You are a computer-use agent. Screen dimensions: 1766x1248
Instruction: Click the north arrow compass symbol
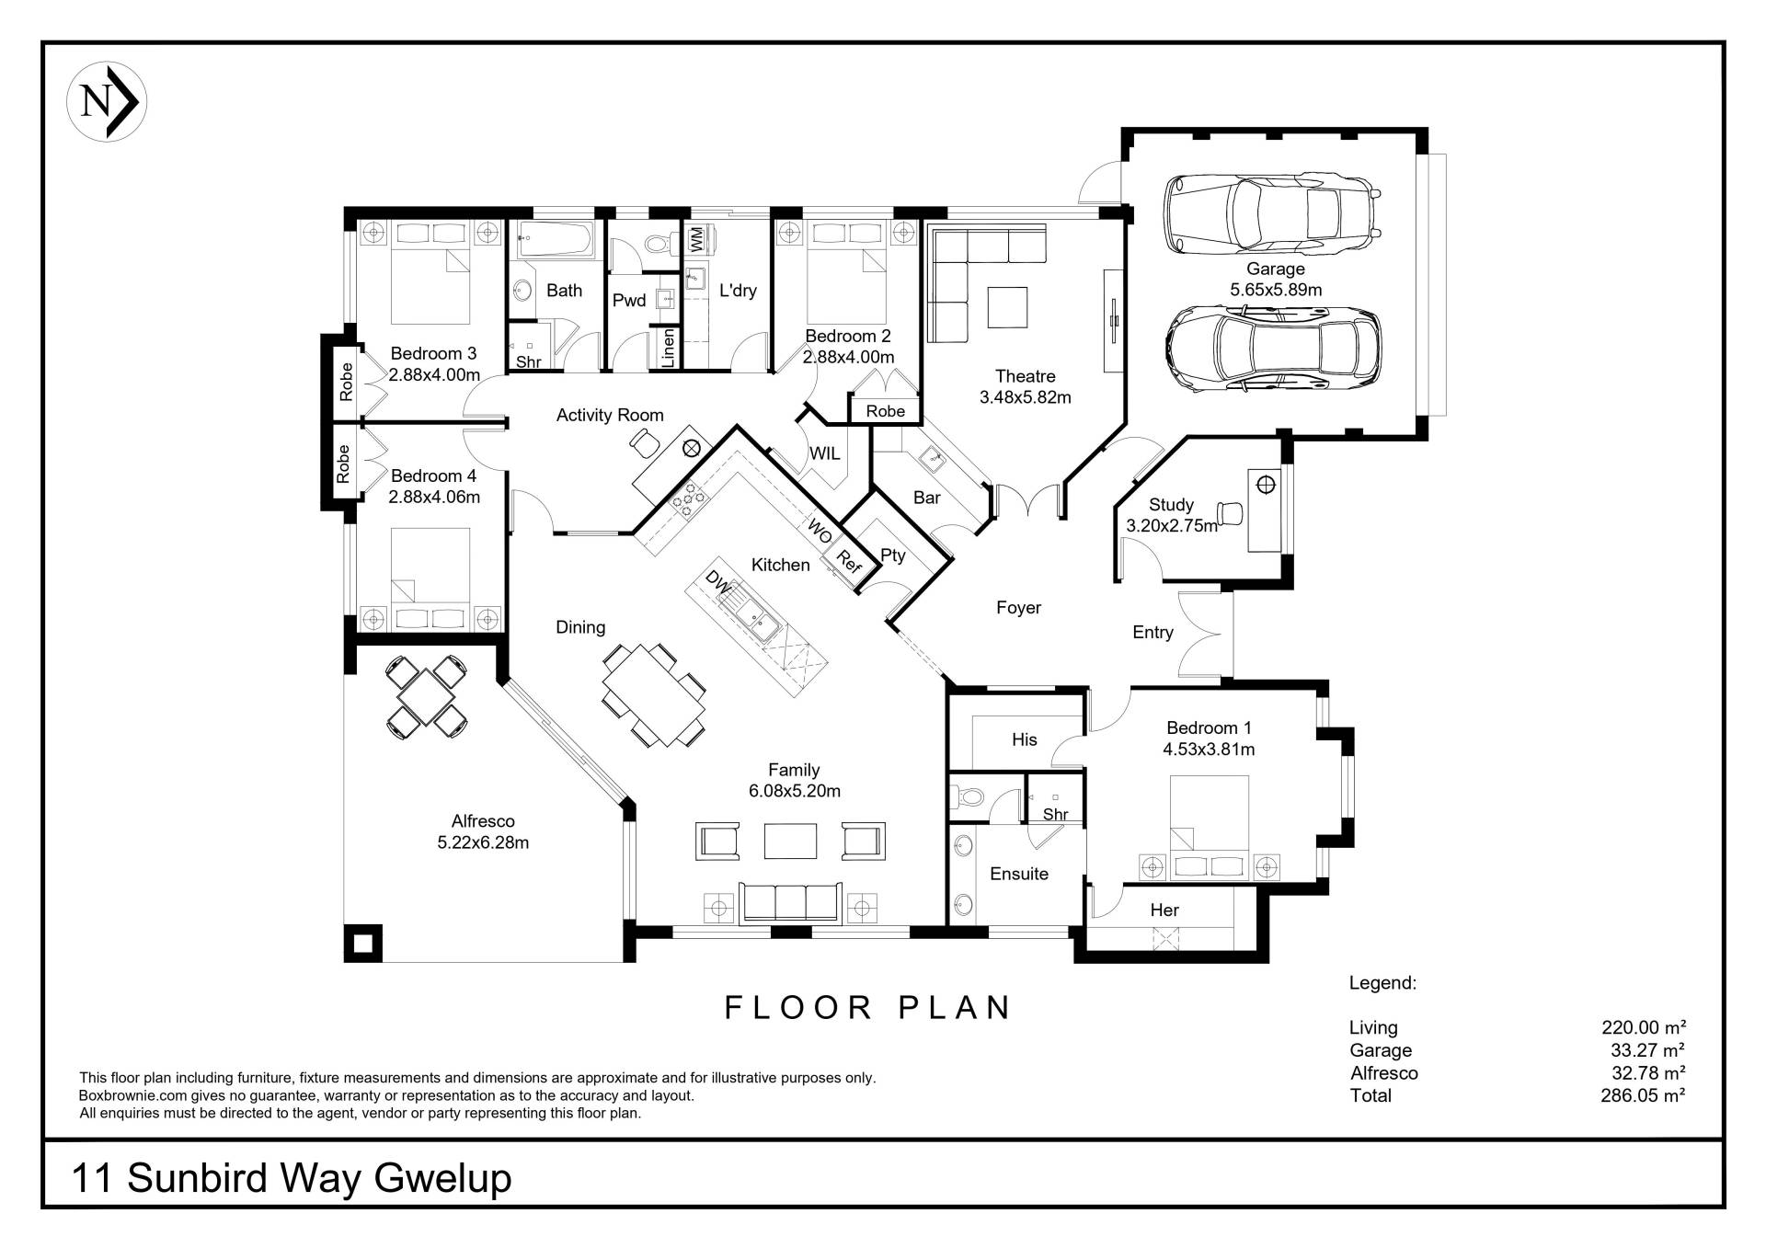pos(107,102)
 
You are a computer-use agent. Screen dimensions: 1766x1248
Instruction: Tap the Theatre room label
pos(1025,376)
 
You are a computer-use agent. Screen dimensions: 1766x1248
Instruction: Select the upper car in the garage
pos(1273,214)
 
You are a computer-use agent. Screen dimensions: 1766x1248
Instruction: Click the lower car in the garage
pos(1275,349)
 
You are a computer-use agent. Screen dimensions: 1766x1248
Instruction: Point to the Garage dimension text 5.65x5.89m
pos(1276,290)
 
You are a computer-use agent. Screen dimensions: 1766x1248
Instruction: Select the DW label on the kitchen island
pos(717,582)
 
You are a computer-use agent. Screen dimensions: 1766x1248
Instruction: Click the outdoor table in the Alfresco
pos(426,696)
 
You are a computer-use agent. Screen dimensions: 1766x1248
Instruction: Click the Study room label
pos(1171,505)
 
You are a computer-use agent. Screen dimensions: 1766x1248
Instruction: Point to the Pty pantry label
pos(892,555)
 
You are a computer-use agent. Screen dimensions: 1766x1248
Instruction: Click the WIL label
pos(824,453)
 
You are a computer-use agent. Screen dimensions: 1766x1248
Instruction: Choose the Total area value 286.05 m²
pos(1643,1095)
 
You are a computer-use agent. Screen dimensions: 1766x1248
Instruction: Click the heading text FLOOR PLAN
pos(867,1008)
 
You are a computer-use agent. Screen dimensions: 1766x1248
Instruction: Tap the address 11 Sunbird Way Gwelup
pos(292,1178)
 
